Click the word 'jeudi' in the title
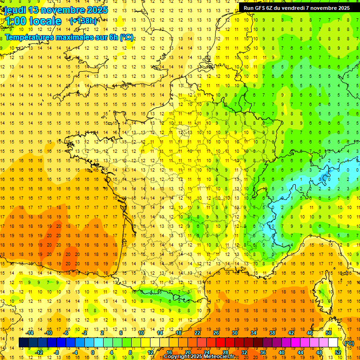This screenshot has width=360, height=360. pos(15,10)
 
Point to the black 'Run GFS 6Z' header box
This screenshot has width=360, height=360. pos(296,7)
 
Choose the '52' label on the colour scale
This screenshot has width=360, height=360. pos(338,352)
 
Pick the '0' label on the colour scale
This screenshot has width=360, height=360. pos(93,352)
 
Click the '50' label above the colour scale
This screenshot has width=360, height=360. pos(329,333)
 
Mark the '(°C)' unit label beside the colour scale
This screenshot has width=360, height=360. pos(349,343)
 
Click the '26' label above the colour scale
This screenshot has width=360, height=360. pos(216,333)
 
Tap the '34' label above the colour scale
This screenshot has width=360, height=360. pos(254,333)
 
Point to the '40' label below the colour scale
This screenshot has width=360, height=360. pos(282,352)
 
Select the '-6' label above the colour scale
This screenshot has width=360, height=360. pos(67,333)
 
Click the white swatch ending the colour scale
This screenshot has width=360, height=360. pos(333,343)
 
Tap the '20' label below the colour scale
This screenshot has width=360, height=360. pos(188,352)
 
